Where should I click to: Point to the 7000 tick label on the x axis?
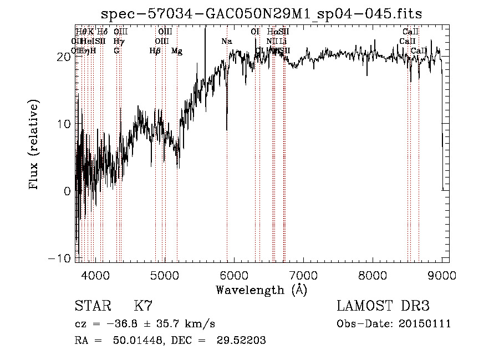pyautogui.click(x=303, y=274)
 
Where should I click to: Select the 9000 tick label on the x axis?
pyautogui.click(x=442, y=274)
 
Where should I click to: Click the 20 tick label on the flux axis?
pyautogui.click(x=64, y=57)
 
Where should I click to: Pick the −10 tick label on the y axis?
pyautogui.click(x=61, y=258)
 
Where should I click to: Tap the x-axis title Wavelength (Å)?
pyautogui.click(x=261, y=290)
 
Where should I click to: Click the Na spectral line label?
pyautogui.click(x=226, y=42)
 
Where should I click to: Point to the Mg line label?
pyautogui.click(x=177, y=51)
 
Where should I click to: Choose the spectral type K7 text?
pyautogui.click(x=143, y=306)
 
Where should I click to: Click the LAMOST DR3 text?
pyautogui.click(x=383, y=306)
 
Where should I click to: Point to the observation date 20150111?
pyautogui.click(x=425, y=324)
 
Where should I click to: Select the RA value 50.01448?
pyautogui.click(x=138, y=341)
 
